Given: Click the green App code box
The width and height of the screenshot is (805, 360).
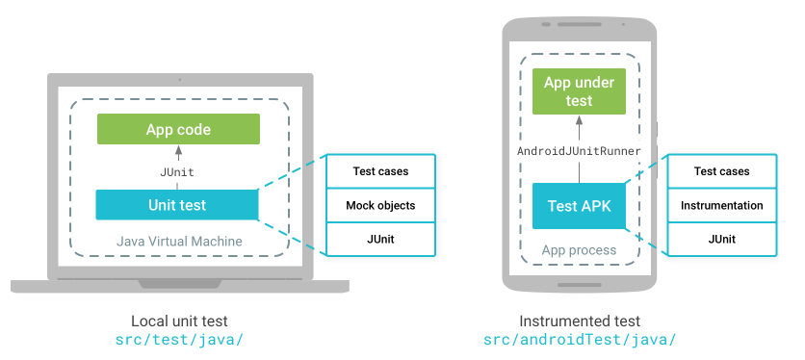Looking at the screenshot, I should pos(178,129).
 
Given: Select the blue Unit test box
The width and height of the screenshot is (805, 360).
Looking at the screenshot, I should pos(177,204).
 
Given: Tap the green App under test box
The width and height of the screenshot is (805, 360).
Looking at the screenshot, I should pos(579,91).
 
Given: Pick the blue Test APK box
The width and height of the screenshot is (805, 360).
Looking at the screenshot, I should pos(579,206).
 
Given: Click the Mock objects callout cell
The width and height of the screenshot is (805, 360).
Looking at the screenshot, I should pos(380,205).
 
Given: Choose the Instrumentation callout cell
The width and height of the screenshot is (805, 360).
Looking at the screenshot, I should pos(721,205).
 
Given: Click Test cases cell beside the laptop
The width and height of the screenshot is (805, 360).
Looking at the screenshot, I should pos(380,171).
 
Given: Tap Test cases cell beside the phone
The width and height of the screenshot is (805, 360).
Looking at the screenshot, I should pos(721,171).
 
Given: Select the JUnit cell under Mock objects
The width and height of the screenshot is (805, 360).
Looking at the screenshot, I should pos(380,239).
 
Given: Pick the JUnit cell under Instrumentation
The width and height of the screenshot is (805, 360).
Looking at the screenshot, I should pos(721,239).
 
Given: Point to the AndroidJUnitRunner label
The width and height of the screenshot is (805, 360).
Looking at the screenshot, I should pos(579,151).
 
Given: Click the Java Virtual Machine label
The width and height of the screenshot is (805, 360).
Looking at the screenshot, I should pos(179,240).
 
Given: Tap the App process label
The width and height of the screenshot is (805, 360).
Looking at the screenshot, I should pos(579,250).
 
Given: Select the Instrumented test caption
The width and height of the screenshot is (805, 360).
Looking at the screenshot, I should pos(580,321).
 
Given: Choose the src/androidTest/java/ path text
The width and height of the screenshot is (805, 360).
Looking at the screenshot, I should pos(580,340).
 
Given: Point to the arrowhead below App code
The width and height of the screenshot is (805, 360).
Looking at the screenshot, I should pos(178,150).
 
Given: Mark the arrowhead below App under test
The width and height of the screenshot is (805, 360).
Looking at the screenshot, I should pos(579,120).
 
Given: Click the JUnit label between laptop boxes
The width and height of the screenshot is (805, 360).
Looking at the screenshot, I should pos(177,171).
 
